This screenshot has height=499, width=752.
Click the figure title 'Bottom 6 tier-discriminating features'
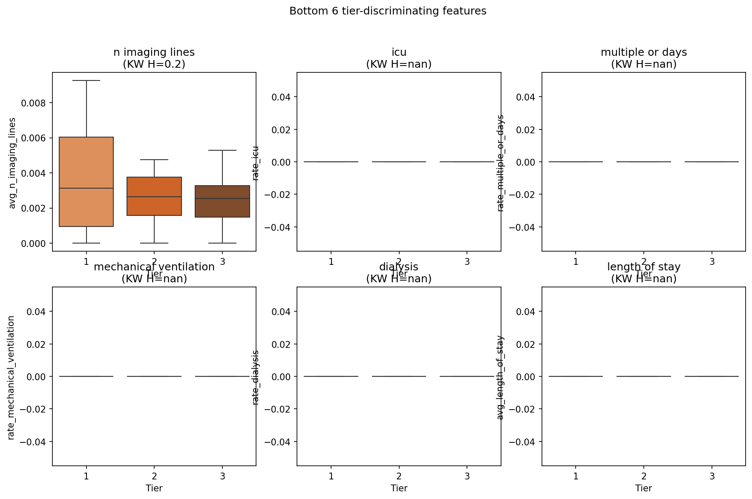pyautogui.click(x=388, y=11)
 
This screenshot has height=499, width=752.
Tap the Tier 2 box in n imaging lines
pyautogui.click(x=154, y=196)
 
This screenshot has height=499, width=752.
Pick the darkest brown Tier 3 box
pyautogui.click(x=222, y=201)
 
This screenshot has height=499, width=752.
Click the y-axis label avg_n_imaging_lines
pyautogui.click(x=12, y=163)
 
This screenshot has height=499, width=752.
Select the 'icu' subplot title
pyautogui.click(x=399, y=52)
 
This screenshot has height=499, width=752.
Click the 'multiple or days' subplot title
pyautogui.click(x=643, y=52)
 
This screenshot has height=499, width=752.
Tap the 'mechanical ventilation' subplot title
pyautogui.click(x=154, y=267)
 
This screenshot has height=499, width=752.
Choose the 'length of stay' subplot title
pyautogui.click(x=643, y=267)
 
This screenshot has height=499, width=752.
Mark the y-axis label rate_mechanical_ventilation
pyautogui.click(x=12, y=378)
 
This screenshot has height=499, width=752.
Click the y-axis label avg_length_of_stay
pyautogui.click(x=500, y=378)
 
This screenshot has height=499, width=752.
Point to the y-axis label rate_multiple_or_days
pyautogui.click(x=500, y=163)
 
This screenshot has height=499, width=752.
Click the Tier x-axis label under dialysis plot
pyautogui.click(x=399, y=488)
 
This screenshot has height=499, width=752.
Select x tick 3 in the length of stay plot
pyautogui.click(x=712, y=476)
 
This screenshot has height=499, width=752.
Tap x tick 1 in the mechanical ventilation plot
pyautogui.click(x=86, y=476)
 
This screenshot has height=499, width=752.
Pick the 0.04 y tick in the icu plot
pyautogui.click(x=281, y=97)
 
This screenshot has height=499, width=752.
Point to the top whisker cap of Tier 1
pyautogui.click(x=86, y=80)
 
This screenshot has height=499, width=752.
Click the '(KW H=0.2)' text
pyautogui.click(x=154, y=64)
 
